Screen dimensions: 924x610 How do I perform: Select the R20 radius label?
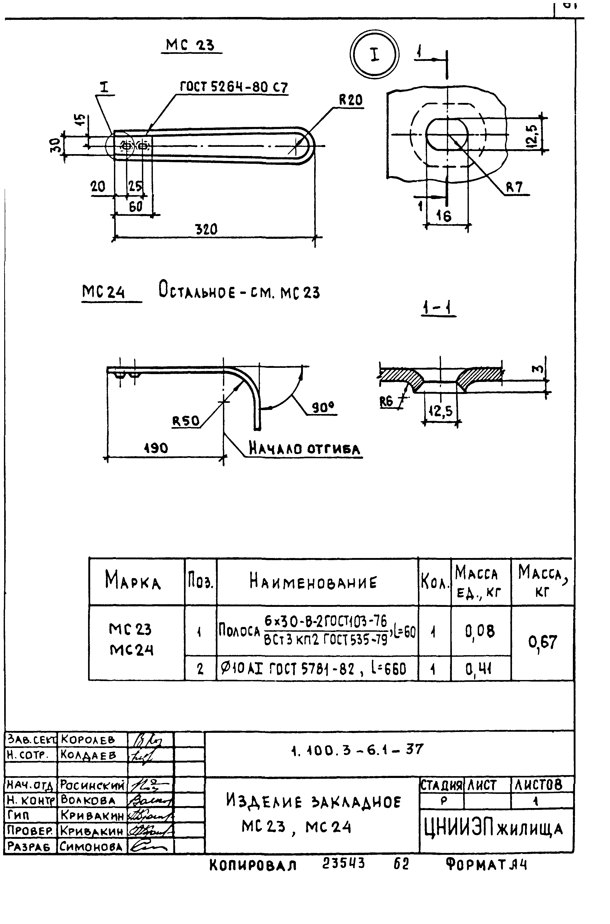tap(350, 100)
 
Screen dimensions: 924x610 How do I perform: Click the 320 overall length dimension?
tap(206, 229)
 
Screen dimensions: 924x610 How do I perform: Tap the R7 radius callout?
tap(514, 188)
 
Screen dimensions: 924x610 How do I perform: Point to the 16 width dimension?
tap(444, 216)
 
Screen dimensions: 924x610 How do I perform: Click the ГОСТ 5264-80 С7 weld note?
tap(233, 87)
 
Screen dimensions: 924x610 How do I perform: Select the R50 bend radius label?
tap(186, 421)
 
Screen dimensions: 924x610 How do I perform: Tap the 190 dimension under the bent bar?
tap(156, 448)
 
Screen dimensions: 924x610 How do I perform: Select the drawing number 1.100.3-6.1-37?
tap(357, 749)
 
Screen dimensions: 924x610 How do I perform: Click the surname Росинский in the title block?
tap(93, 786)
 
